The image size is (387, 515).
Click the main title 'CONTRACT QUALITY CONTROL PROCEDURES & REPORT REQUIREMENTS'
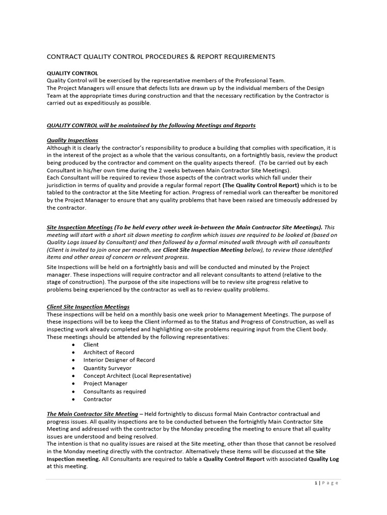coord(161,57)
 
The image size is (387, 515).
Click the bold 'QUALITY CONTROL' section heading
coord(72,73)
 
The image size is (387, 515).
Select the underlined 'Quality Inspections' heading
coord(72,140)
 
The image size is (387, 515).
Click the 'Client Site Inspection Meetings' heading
coord(88,306)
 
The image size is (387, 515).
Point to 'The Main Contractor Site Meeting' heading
coord(92,414)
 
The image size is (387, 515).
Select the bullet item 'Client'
coord(91,345)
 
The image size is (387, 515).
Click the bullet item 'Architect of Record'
coord(109,353)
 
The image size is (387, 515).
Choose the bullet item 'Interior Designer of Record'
coord(119,360)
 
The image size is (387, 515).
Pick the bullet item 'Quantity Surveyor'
coord(107,368)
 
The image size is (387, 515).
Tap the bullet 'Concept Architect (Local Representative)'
coord(137,376)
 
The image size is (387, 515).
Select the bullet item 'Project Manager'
coord(105,384)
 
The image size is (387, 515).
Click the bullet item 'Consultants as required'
coord(114,391)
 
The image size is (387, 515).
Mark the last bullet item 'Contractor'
coord(98,399)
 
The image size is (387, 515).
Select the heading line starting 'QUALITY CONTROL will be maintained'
coord(151,125)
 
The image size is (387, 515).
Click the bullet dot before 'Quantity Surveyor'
coord(74,368)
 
